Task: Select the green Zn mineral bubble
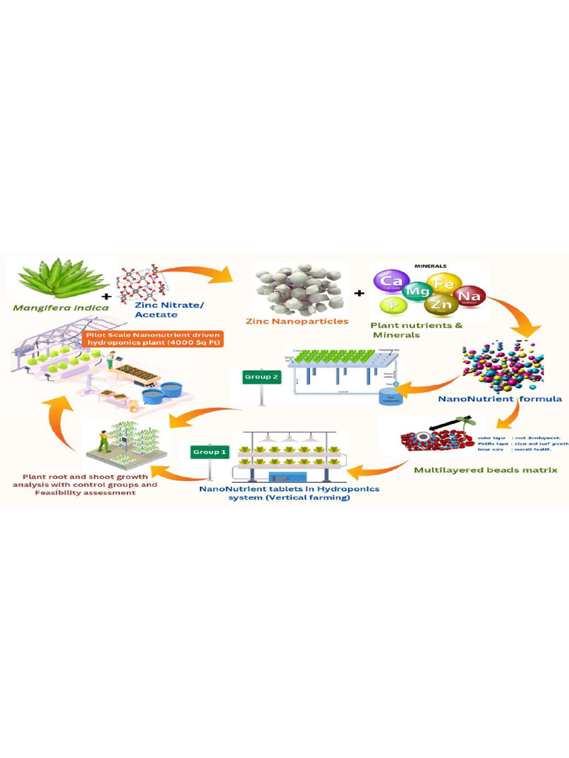tap(443, 305)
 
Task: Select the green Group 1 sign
tap(210, 451)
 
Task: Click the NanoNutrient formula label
tap(500, 399)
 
